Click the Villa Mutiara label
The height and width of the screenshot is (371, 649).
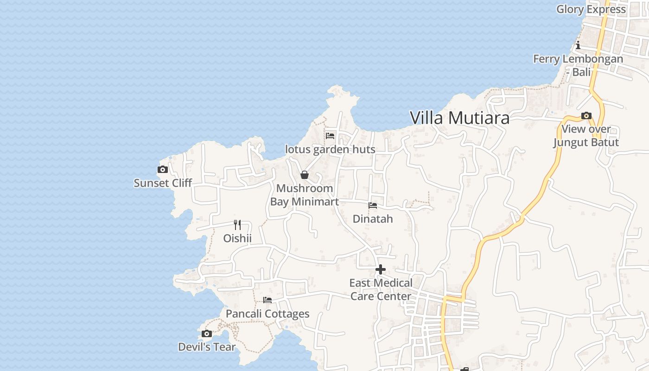coord(459,118)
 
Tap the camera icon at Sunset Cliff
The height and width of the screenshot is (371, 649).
coord(163,170)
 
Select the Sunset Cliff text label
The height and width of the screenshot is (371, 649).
coord(163,183)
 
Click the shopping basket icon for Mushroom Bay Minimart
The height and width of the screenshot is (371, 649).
coord(305,175)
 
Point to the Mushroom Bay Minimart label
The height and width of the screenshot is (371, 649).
coord(305,195)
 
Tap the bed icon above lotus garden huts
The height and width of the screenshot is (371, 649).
coord(330,136)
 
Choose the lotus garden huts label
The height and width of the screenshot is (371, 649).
coord(330,149)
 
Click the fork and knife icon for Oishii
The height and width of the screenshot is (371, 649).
coord(237,225)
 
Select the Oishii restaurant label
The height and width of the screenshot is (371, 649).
coord(237,238)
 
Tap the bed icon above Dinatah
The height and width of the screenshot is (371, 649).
coord(373,205)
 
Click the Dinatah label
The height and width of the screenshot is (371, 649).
coord(373,219)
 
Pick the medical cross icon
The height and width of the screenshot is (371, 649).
coord(381,269)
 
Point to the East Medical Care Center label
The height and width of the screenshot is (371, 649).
coord(381,289)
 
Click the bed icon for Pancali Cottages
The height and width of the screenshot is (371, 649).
coord(267,300)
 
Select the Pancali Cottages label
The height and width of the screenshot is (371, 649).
coord(267,314)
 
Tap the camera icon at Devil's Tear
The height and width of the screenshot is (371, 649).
coord(207,334)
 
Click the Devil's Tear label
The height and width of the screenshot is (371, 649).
coord(207,347)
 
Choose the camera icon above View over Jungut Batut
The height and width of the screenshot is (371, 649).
coord(586,115)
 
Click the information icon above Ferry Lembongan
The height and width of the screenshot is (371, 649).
coord(578,45)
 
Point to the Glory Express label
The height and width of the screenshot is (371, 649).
coord(591,9)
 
